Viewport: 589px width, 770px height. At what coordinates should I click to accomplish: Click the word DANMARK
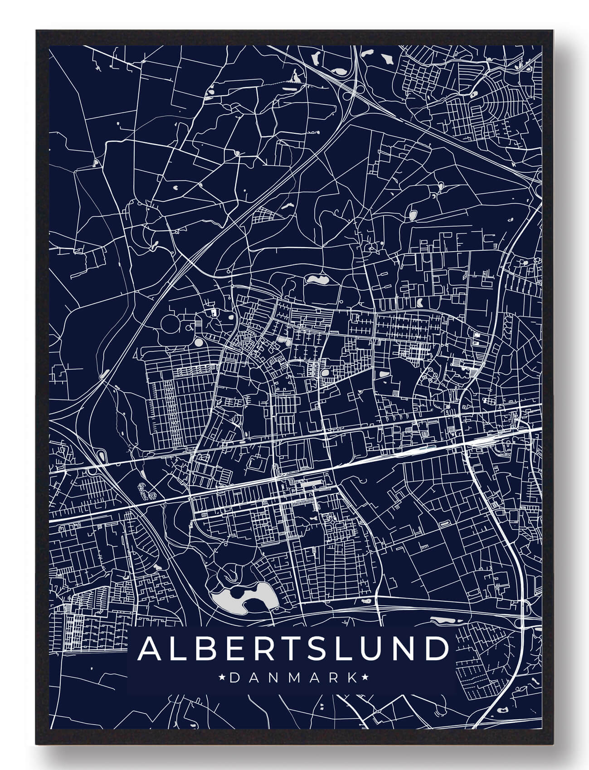[293, 678]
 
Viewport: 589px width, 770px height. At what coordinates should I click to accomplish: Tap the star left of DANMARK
[222, 678]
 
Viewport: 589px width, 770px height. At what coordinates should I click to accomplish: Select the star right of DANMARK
[365, 678]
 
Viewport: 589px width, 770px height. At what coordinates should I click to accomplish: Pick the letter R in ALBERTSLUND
[250, 650]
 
